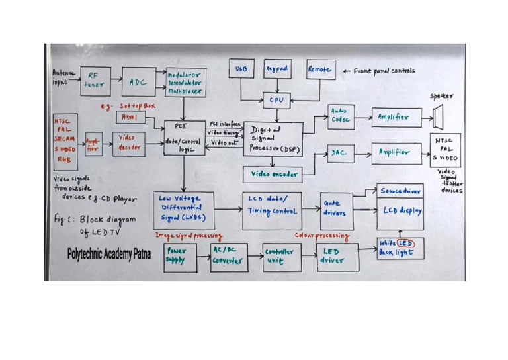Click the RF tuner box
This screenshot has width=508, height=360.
point(95,81)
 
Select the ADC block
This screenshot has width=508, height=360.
point(138,81)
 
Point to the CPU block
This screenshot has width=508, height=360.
point(276,100)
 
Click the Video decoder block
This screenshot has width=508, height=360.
point(127,144)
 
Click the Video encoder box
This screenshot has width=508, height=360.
point(273,175)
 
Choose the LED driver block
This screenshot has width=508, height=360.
point(337,256)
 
